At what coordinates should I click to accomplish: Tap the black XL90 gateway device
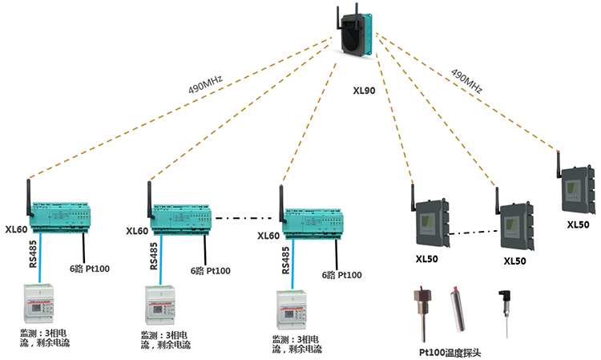coord(358,37)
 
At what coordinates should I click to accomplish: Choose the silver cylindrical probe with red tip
coord(456,309)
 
